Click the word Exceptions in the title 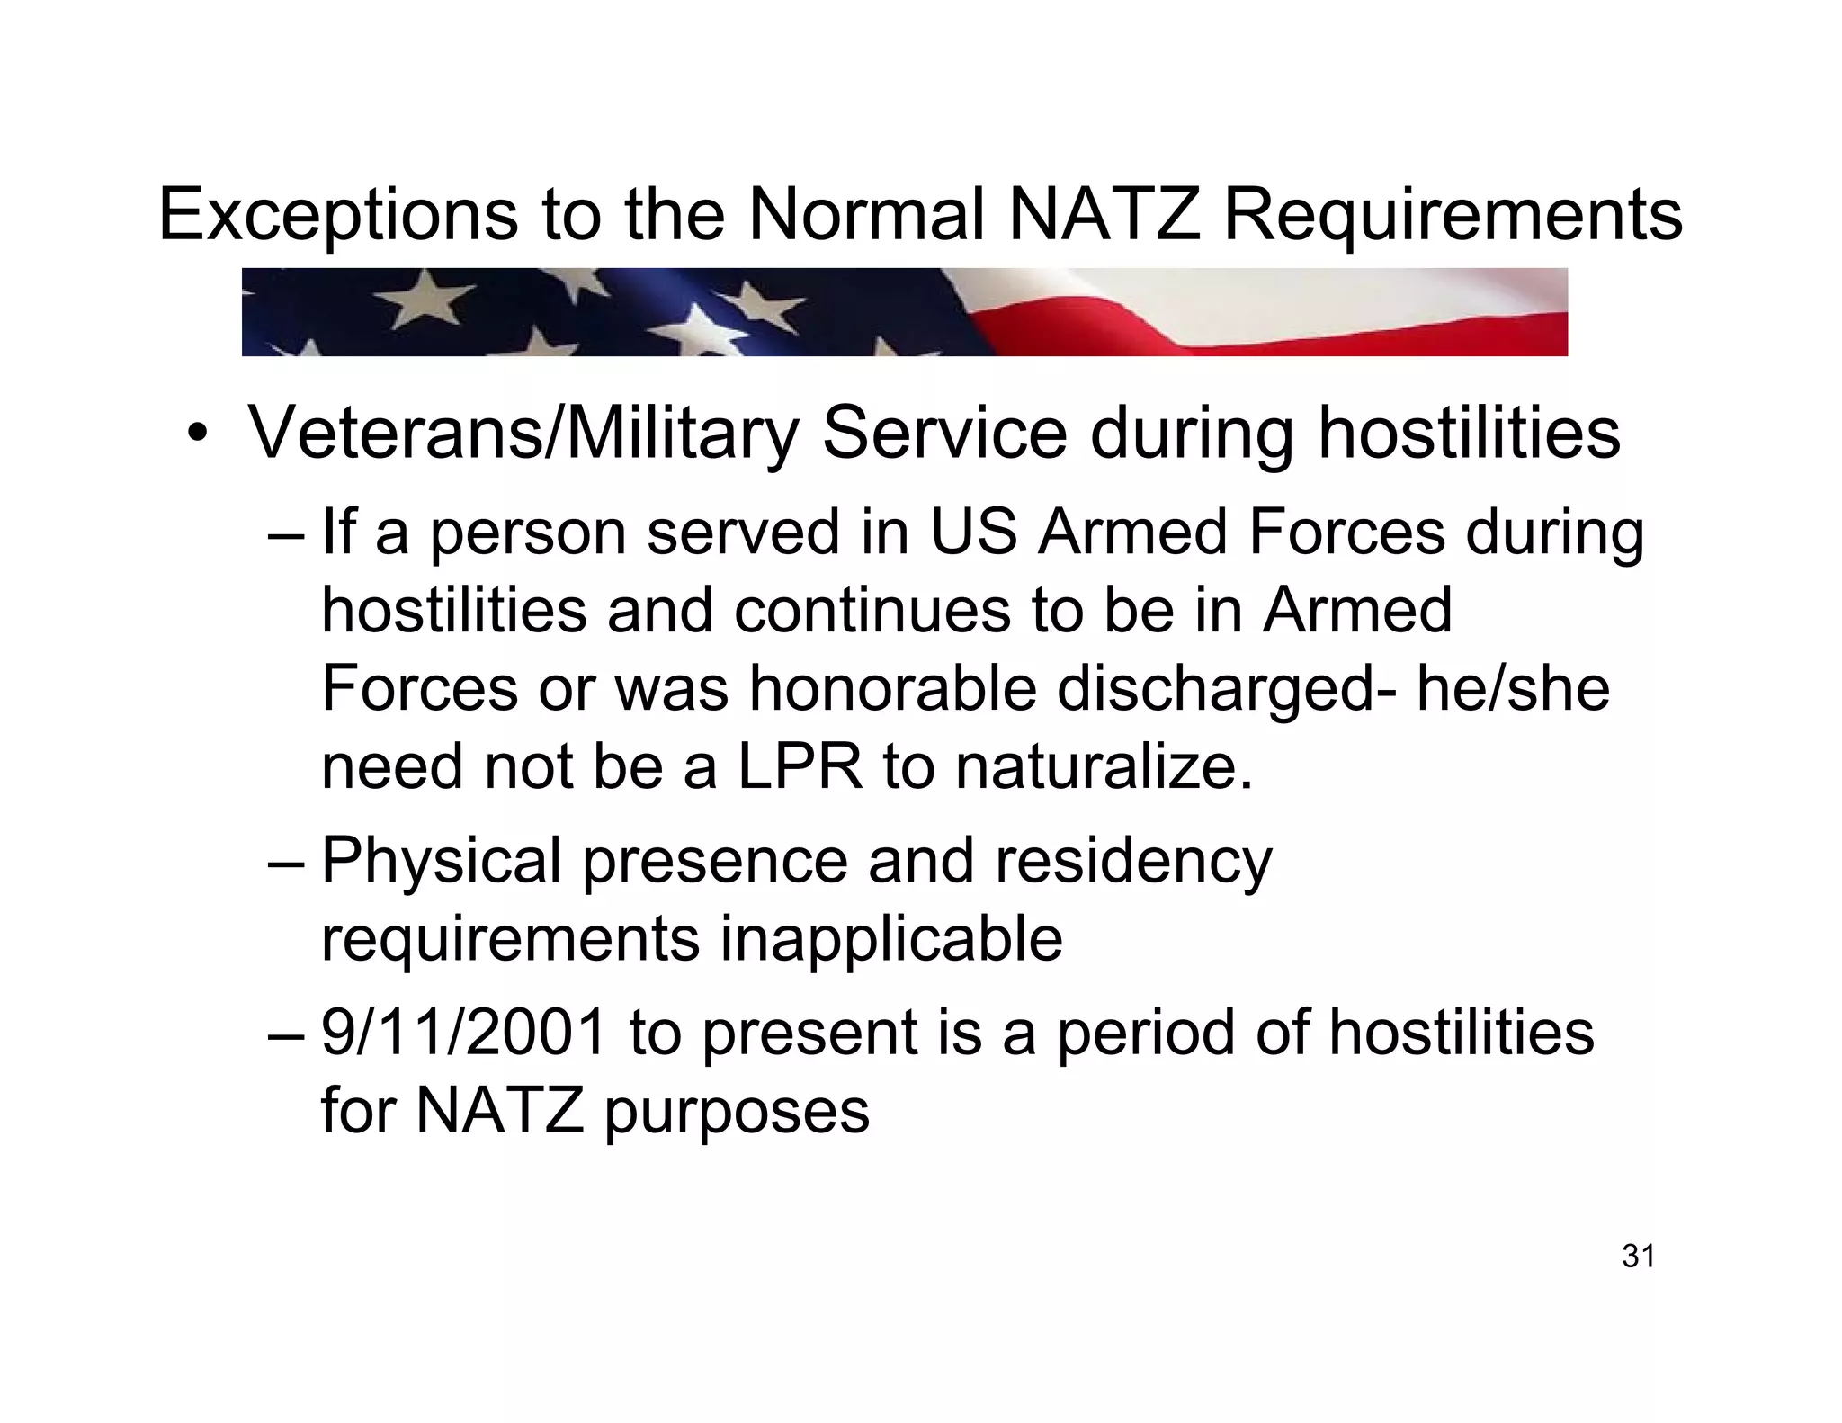click(337, 216)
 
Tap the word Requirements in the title click(1453, 216)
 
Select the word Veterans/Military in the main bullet click(523, 434)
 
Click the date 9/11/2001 click(464, 1032)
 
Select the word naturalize click(1104, 767)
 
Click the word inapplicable click(891, 939)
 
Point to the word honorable click(892, 689)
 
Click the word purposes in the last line click(736, 1112)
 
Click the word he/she click(1513, 689)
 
